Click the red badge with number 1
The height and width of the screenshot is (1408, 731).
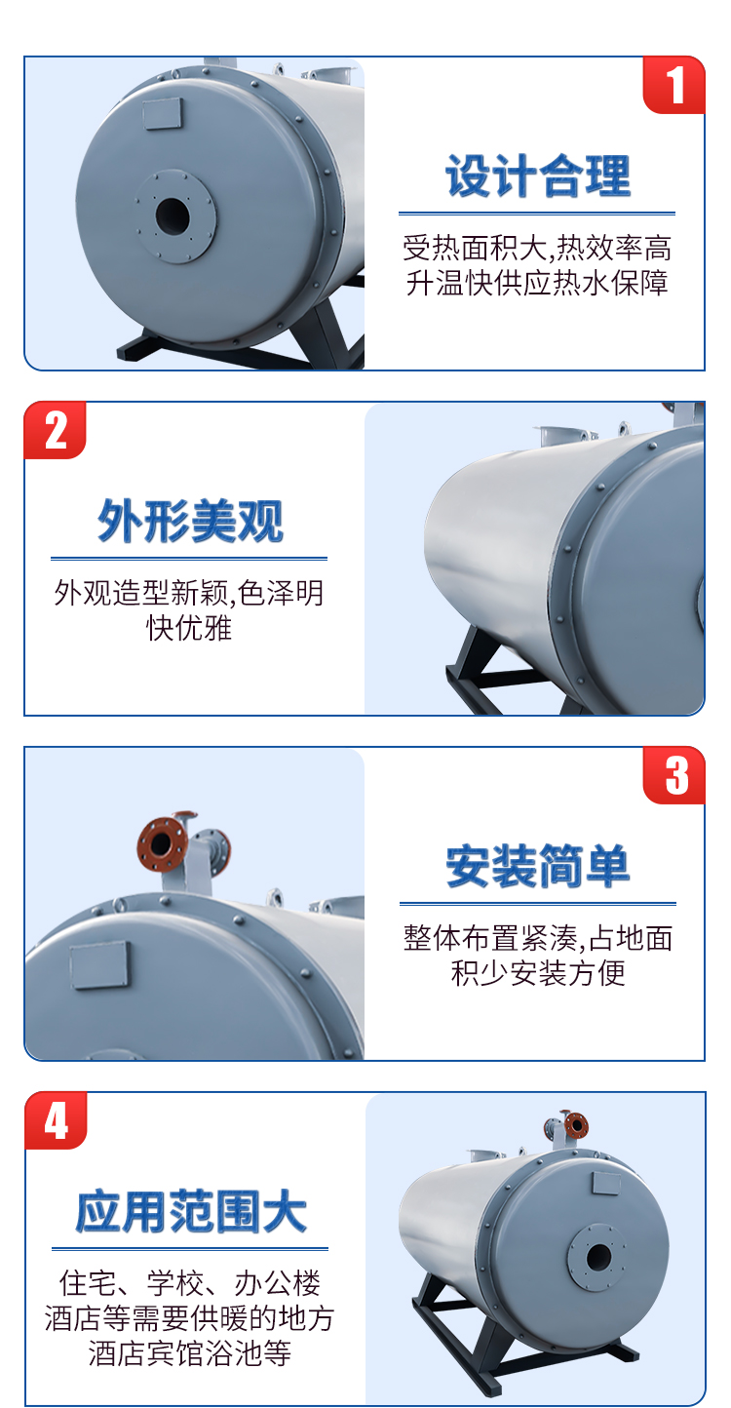click(x=673, y=85)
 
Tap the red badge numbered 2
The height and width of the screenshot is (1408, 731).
click(x=55, y=430)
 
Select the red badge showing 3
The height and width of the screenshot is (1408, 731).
click(x=673, y=775)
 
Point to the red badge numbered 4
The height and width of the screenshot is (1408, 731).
click(x=56, y=1120)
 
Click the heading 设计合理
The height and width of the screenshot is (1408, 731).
click(x=537, y=176)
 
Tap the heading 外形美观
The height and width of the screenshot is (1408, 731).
click(x=190, y=521)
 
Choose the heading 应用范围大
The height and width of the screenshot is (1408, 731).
click(x=190, y=1211)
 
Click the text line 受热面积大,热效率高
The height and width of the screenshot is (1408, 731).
click(x=537, y=249)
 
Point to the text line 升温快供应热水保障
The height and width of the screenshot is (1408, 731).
click(x=537, y=283)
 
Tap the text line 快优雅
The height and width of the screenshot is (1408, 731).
click(x=189, y=628)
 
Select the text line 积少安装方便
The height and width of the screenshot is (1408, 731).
click(x=538, y=973)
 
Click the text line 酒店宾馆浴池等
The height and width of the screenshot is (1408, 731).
click(x=189, y=1352)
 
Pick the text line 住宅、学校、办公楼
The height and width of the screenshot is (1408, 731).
click(x=189, y=1283)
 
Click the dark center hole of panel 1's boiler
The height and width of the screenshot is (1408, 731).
click(x=173, y=215)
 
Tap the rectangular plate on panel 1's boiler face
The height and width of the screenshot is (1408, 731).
click(x=163, y=114)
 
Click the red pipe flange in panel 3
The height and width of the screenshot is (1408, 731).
click(x=162, y=844)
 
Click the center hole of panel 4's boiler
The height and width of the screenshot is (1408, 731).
click(x=597, y=1257)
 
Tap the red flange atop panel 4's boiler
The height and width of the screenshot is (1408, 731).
click(x=575, y=1124)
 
